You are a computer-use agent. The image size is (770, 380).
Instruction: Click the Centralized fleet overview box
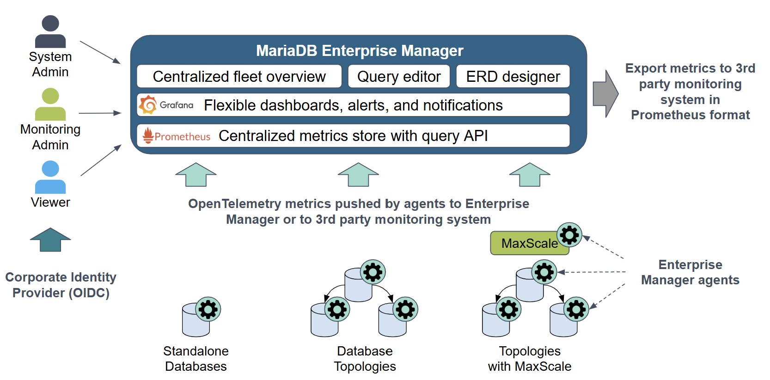[239, 76]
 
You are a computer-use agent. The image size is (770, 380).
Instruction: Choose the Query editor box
[399, 76]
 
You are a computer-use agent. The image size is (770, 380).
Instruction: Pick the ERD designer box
[513, 76]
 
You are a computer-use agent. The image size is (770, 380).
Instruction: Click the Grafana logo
[148, 105]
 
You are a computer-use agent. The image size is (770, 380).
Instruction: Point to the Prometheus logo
[148, 135]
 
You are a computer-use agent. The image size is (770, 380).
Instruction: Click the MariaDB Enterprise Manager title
[360, 50]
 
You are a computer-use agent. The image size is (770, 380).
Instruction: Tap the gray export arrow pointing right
[605, 94]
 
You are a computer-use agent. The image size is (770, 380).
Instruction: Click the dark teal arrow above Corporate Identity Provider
[50, 239]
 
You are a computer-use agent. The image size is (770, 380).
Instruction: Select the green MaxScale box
[527, 243]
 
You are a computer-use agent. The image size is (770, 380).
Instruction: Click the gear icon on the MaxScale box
[569, 235]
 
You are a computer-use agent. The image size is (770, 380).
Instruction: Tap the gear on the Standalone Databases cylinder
[208, 309]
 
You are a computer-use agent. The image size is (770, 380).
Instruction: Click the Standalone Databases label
[196, 359]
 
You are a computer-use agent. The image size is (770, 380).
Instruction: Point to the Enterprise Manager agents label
[690, 272]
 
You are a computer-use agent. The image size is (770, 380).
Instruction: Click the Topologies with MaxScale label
[530, 359]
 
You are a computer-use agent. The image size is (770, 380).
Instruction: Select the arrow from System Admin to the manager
[100, 52]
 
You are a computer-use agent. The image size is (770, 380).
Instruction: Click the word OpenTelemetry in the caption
[234, 204]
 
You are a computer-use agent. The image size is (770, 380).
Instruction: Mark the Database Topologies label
[365, 359]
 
